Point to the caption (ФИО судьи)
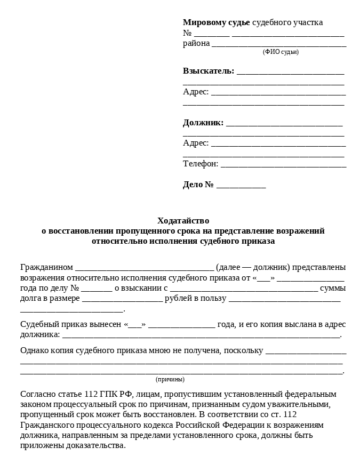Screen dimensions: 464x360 click(281, 52)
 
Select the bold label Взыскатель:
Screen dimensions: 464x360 click(209, 71)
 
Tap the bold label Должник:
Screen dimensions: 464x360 click(203, 123)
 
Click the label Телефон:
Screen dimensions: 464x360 click(201, 164)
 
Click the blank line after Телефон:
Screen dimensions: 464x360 click(283, 165)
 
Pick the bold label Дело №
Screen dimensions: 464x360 click(198, 185)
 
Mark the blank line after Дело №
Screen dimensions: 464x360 click(241, 186)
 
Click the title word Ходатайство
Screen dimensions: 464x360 click(183, 220)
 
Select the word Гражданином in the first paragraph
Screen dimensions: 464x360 click(46, 267)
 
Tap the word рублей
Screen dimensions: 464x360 click(178, 298)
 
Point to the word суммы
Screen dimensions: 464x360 click(332, 288)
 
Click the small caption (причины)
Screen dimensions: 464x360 click(170, 379)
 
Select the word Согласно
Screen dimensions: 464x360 click(38, 394)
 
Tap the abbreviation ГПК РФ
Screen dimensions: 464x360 click(115, 394)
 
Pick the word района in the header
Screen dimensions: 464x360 click(196, 43)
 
